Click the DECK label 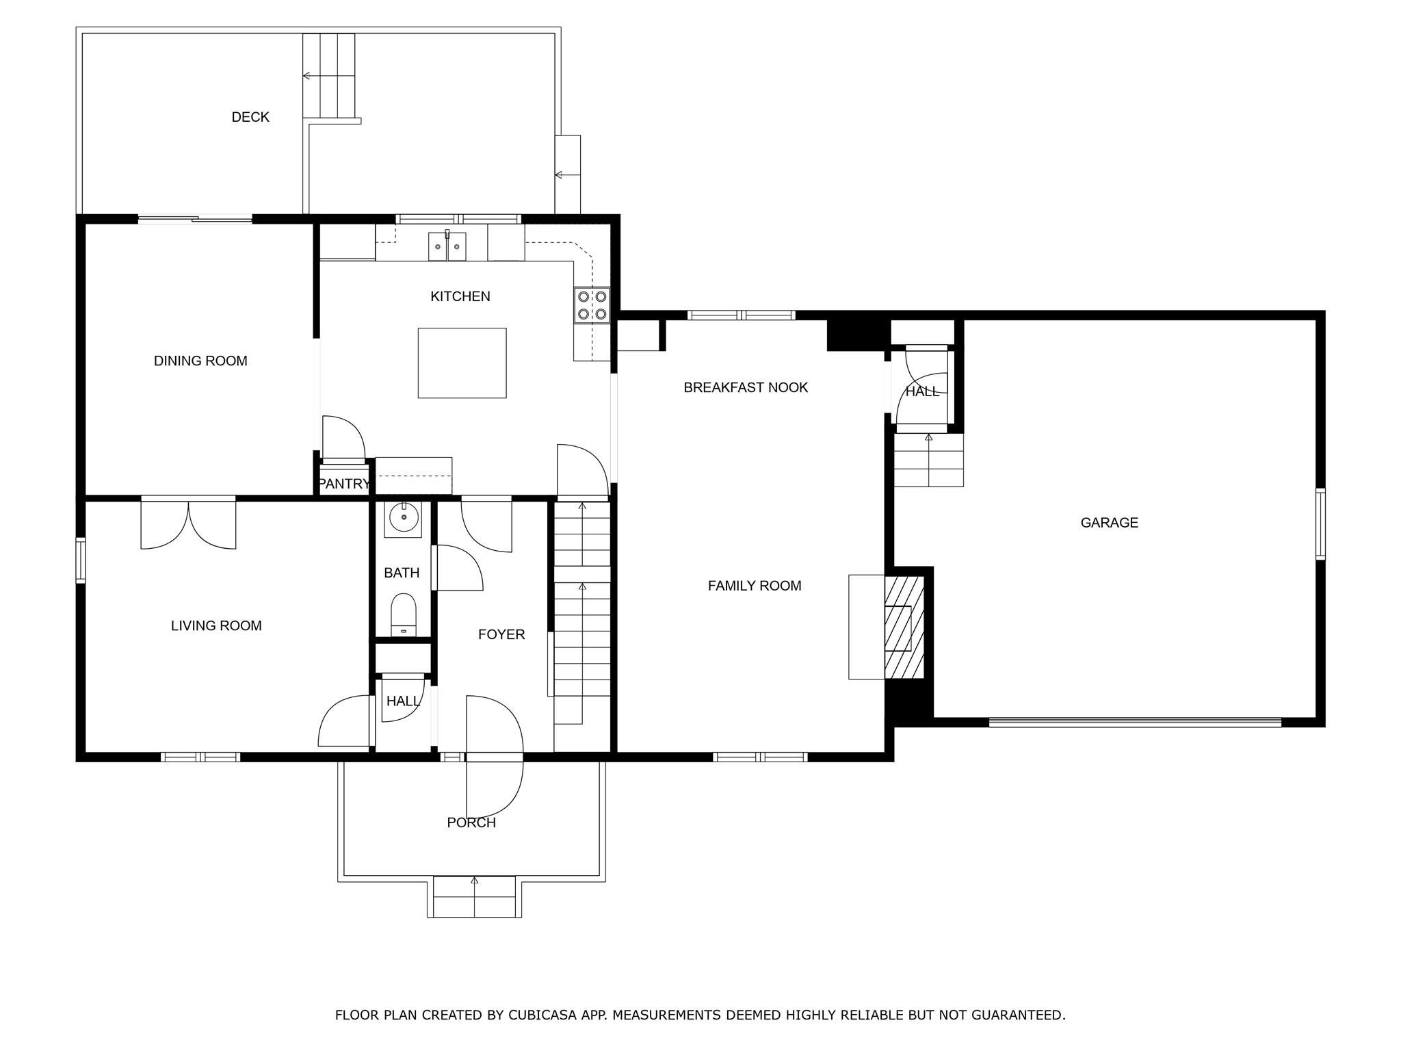point(250,117)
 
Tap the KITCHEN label point(460,296)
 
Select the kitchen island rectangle point(462,363)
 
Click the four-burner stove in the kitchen point(592,305)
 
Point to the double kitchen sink point(447,246)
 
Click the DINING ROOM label point(200,361)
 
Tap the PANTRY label point(344,484)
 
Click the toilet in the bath point(403,614)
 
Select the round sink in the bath point(403,519)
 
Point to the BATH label point(402,573)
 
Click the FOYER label point(501,634)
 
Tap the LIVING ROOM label point(216,625)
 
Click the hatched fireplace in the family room point(904,627)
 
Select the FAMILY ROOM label point(755,586)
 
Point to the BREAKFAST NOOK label point(746,387)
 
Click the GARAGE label point(1110,523)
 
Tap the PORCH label point(471,822)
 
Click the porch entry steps point(475,896)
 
